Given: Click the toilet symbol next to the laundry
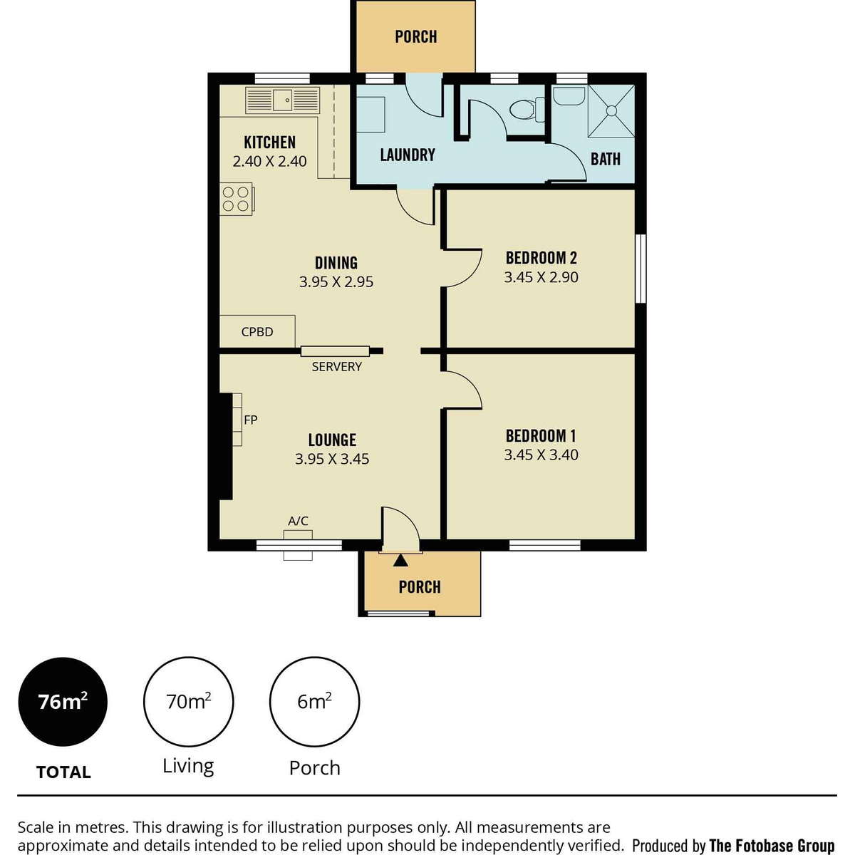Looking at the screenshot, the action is pos(527,110).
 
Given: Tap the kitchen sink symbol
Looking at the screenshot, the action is pos(282,100).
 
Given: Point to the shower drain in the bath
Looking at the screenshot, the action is pos(612,111).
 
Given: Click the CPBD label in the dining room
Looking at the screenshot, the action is pos(257,331).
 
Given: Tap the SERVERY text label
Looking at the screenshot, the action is pos(337,366).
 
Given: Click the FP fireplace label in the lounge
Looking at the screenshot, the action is pos(251,419).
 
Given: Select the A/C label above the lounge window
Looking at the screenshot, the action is pos(298,520).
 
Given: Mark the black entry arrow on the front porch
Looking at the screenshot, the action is pos(400,561).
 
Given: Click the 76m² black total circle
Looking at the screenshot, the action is pos(63,702).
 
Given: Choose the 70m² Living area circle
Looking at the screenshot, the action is pos(189,702).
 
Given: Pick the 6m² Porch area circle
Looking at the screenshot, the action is pos(315,702).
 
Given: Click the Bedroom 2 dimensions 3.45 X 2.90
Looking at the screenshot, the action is pos(541,277).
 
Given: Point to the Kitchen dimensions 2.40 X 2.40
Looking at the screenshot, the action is pos(269,161).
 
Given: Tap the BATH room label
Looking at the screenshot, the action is pos(605,159).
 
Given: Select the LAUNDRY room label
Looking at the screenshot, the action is pos(408,155).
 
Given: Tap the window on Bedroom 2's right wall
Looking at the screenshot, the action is pos(641,269).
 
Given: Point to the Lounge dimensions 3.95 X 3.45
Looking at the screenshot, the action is pos(332,459).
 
